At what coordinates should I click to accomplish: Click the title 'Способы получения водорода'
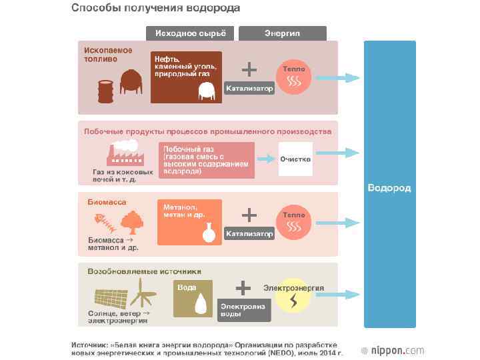click(157, 9)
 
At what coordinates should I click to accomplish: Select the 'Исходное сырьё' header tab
click(190, 33)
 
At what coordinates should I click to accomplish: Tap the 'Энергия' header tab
click(282, 33)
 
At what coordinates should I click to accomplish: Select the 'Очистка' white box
click(295, 159)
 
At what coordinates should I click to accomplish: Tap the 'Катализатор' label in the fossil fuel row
click(249, 88)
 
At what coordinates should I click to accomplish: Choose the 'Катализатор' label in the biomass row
click(249, 234)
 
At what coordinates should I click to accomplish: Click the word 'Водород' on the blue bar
click(389, 188)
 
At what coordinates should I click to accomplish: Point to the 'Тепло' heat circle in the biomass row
click(293, 223)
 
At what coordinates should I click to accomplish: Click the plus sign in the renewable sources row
click(243, 287)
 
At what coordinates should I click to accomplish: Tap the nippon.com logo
click(392, 351)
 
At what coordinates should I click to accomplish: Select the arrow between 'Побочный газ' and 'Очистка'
click(266, 159)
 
